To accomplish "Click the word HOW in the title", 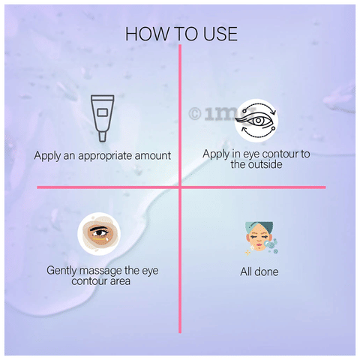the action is (147, 34).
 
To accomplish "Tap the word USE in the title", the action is (220, 34).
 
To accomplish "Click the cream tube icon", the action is (103, 118).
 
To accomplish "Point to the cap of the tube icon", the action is (103, 136).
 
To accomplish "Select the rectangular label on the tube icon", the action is (103, 112).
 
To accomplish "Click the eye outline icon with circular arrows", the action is (256, 121).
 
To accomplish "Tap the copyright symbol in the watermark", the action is (195, 114).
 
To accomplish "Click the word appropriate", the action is (105, 156).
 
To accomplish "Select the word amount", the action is (153, 155).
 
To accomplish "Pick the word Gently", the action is (62, 271).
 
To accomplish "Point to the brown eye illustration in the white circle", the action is (99, 234).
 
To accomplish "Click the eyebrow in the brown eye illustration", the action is (99, 228).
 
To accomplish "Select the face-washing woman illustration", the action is (261, 238).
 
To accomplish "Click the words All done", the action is (259, 271).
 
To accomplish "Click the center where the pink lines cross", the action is (180, 187).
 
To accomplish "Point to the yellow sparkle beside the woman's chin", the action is (247, 253).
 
